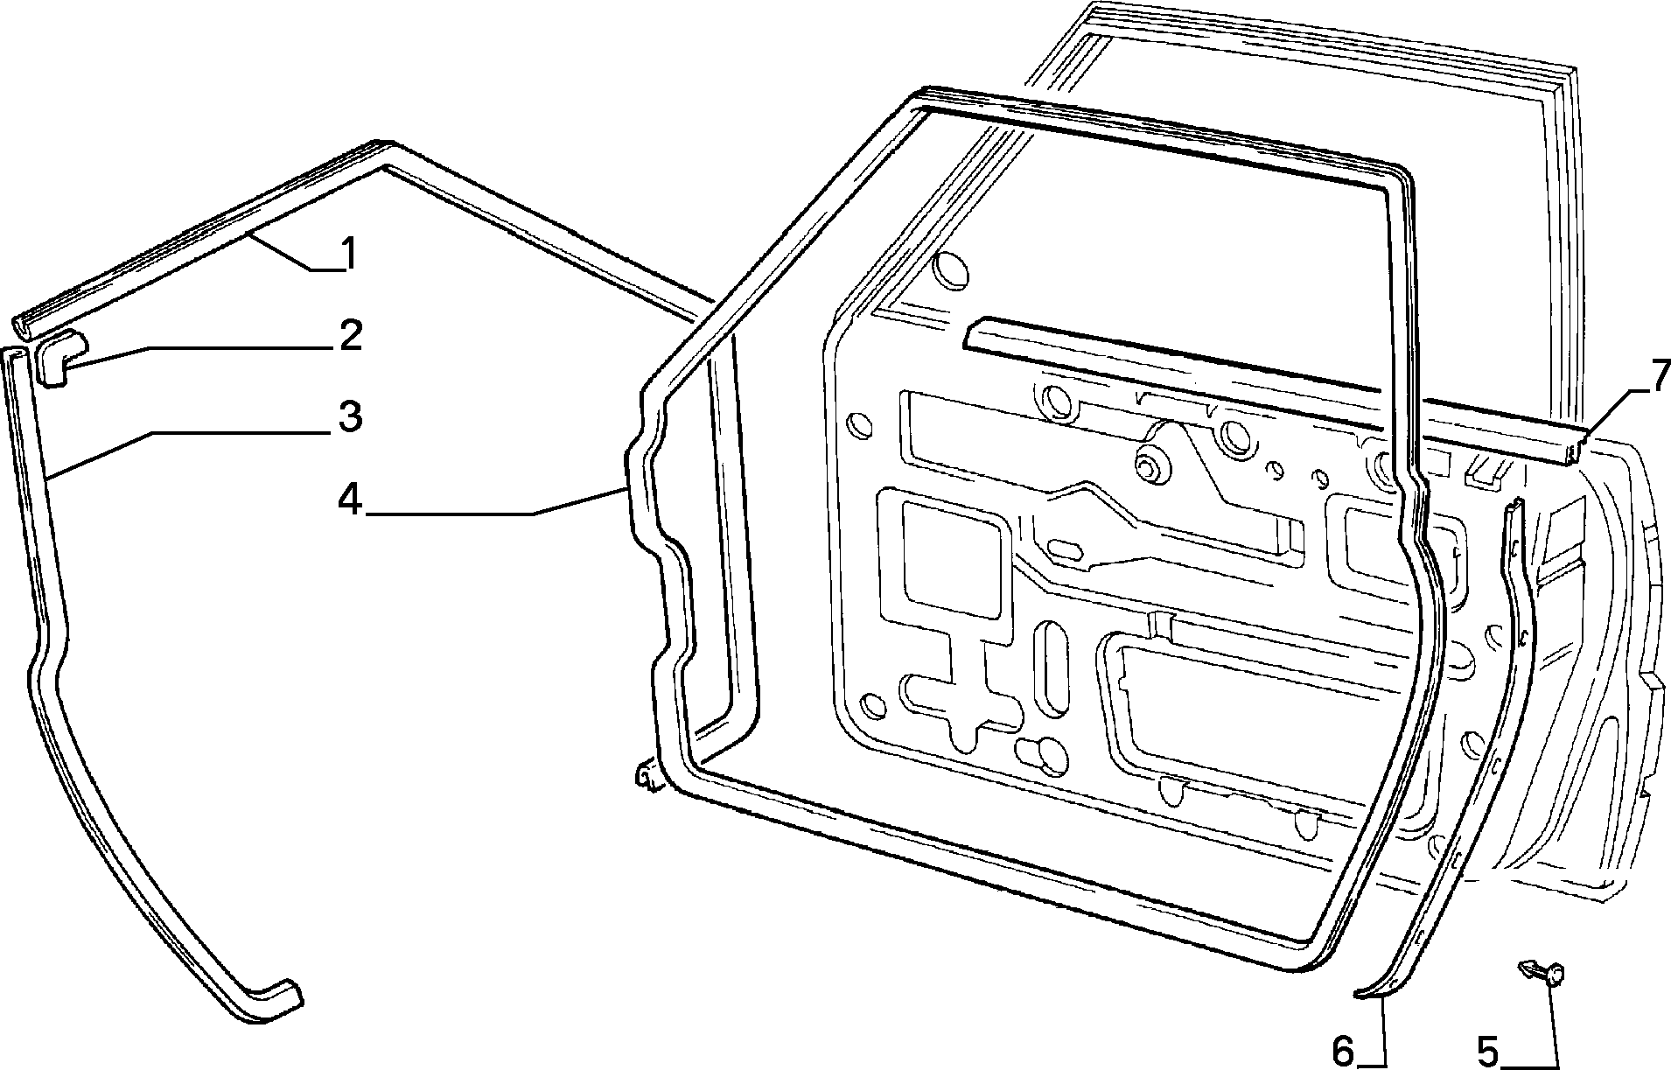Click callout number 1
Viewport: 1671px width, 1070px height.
pos(348,255)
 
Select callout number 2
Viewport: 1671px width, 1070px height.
pos(351,336)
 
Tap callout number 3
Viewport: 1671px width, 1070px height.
pos(350,417)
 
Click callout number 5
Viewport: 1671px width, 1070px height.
pos(1488,1051)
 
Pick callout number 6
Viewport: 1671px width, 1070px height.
pos(1344,1051)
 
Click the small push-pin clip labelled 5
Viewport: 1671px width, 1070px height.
pos(1543,973)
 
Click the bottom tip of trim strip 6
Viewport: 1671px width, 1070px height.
pos(1358,992)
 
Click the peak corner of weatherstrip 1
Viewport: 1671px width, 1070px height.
pos(382,149)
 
